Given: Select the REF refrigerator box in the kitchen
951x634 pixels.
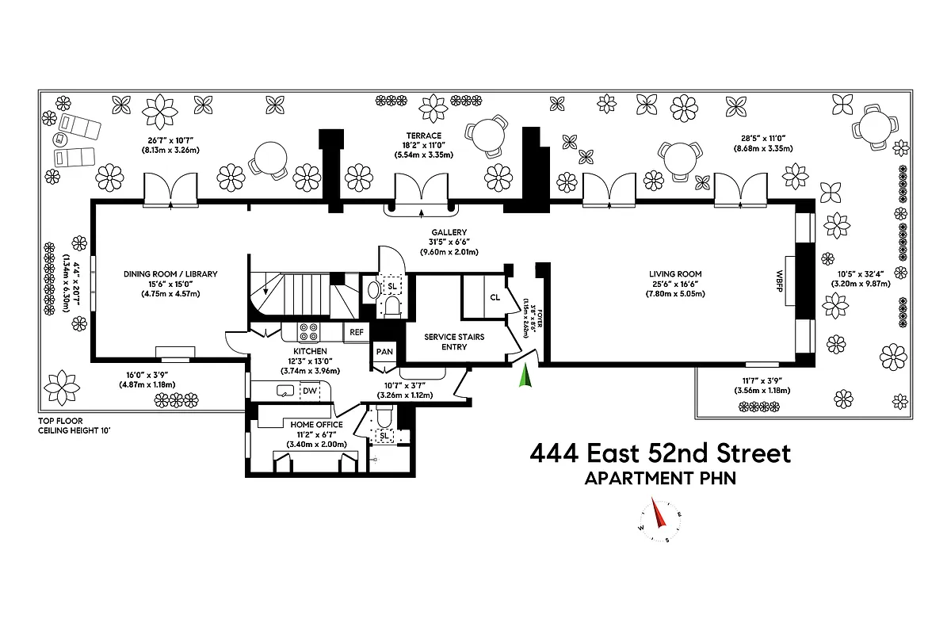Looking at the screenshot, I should (356, 332).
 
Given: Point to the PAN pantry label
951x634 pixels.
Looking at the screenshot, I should (384, 351).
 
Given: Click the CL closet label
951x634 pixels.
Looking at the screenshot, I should (495, 297).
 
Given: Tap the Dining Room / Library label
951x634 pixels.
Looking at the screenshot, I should (170, 274).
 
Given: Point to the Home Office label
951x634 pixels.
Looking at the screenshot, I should (316, 425).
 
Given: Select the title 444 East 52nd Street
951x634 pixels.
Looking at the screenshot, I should (659, 454).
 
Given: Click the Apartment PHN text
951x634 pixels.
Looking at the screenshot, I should (659, 479).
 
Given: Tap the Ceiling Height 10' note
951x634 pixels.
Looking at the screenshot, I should (76, 431).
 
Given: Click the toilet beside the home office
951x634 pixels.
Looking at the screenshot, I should (383, 416).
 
